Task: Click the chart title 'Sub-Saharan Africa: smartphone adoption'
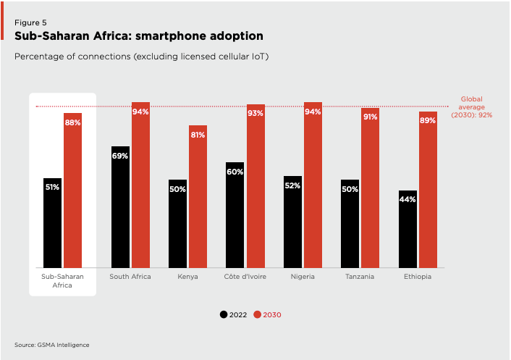(139, 36)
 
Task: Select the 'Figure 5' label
(30, 22)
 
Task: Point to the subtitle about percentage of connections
(142, 56)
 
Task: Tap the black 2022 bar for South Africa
(120, 210)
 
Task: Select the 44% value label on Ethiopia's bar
(407, 199)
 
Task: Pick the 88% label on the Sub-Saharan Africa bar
(72, 123)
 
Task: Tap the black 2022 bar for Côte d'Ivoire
(235, 217)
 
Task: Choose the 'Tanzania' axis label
(360, 277)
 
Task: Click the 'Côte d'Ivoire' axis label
(245, 277)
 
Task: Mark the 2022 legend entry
(235, 314)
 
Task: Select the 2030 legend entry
(268, 314)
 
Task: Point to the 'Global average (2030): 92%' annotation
(471, 107)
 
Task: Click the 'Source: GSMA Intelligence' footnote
(51, 345)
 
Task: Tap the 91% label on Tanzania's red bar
(370, 117)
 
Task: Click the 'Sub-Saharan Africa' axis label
(62, 281)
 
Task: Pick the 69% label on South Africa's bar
(120, 156)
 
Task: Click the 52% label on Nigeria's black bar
(293, 185)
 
